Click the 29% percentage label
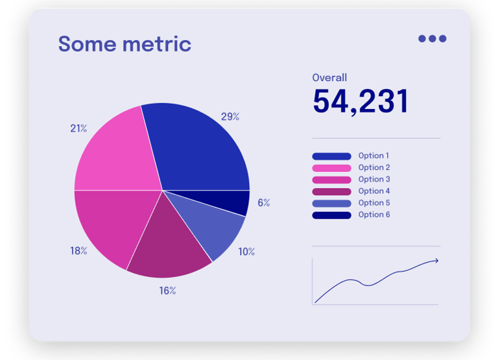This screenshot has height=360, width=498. [230, 117]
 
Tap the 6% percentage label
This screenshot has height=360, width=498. [263, 202]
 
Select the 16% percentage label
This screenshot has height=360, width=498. [167, 291]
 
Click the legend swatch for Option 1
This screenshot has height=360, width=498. [331, 156]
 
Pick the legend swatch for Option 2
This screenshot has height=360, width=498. [331, 168]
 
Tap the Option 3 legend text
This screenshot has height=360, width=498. [374, 180]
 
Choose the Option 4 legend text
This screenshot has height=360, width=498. [374, 191]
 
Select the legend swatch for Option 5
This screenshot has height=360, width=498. [331, 203]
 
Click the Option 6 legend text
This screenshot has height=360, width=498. [374, 215]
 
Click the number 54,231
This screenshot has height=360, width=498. [361, 102]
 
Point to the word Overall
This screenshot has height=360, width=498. [329, 78]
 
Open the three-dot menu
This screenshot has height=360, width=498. [432, 38]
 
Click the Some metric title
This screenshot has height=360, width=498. [124, 44]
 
